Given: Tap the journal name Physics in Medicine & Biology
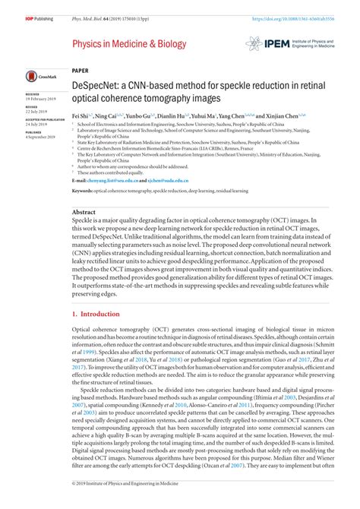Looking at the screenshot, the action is tap(129, 44).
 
